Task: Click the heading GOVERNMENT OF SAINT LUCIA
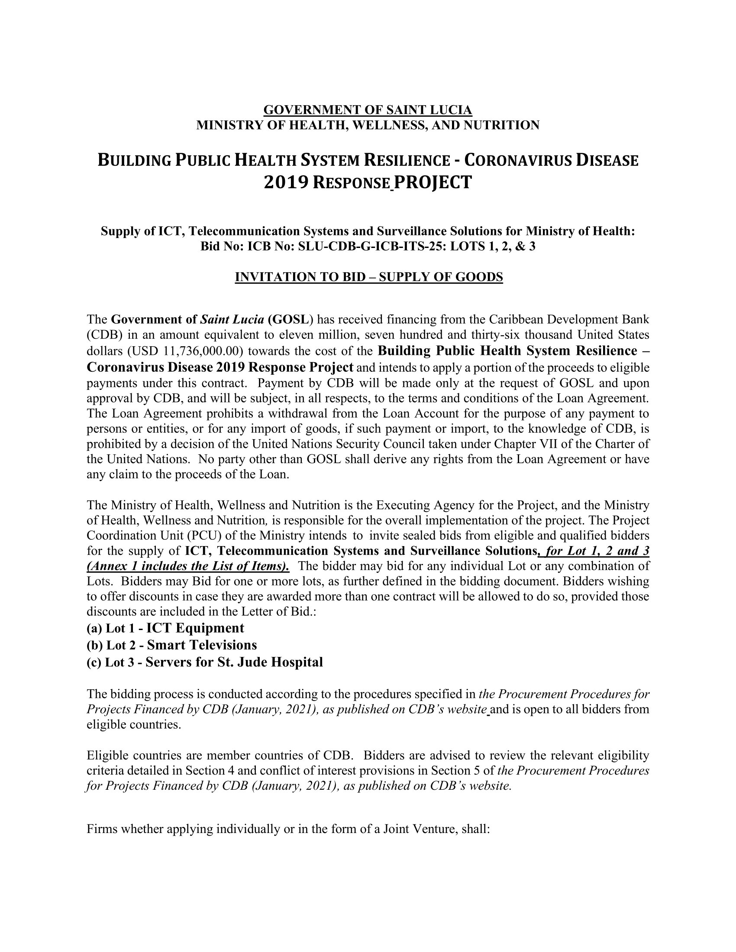point(368,110)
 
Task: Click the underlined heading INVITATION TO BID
point(368,277)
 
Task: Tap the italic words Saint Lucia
point(232,319)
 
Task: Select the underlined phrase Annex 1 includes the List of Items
point(187,566)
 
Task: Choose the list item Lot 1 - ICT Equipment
point(166,628)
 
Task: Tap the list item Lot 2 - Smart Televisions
point(172,645)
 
